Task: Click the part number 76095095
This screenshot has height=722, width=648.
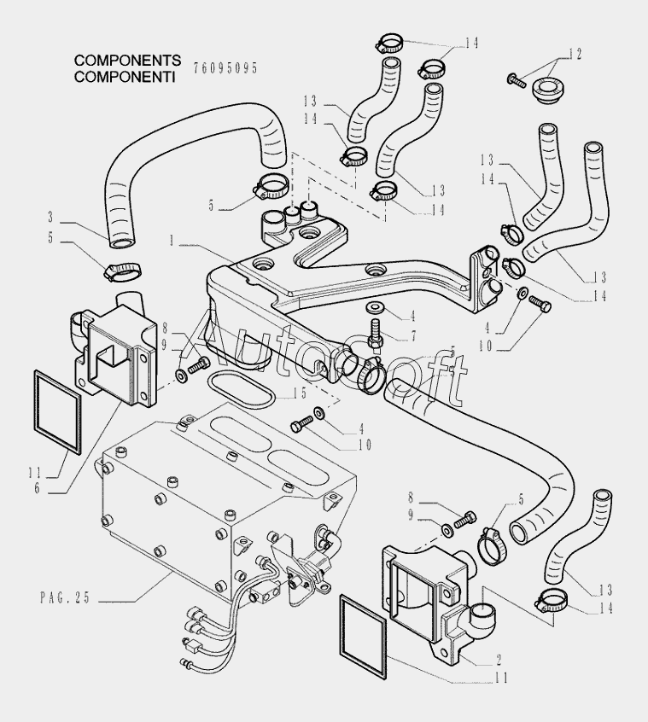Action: [225, 67]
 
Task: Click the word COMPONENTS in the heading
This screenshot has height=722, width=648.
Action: [127, 61]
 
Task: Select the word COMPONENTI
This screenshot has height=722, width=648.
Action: [125, 76]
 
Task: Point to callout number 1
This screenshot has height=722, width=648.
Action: [172, 242]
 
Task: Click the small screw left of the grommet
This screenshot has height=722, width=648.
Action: [516, 81]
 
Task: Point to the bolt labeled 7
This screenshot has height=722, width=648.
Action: [374, 333]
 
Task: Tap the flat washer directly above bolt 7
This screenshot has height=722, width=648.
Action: [373, 306]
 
